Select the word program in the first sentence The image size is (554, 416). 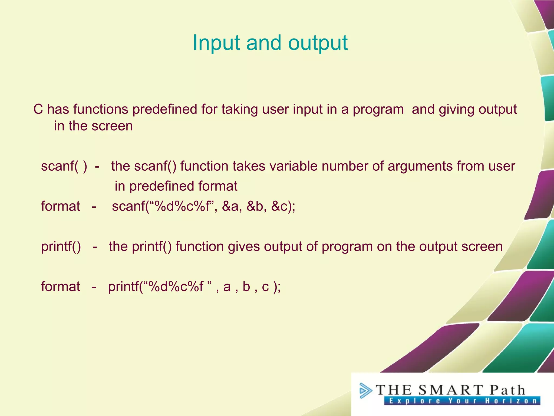(x=378, y=110)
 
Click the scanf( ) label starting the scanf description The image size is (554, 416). (x=64, y=166)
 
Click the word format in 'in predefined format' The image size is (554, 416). (x=218, y=186)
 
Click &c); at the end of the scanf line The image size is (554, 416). (x=283, y=206)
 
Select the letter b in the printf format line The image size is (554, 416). (x=246, y=287)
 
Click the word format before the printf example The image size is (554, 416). (x=60, y=287)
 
